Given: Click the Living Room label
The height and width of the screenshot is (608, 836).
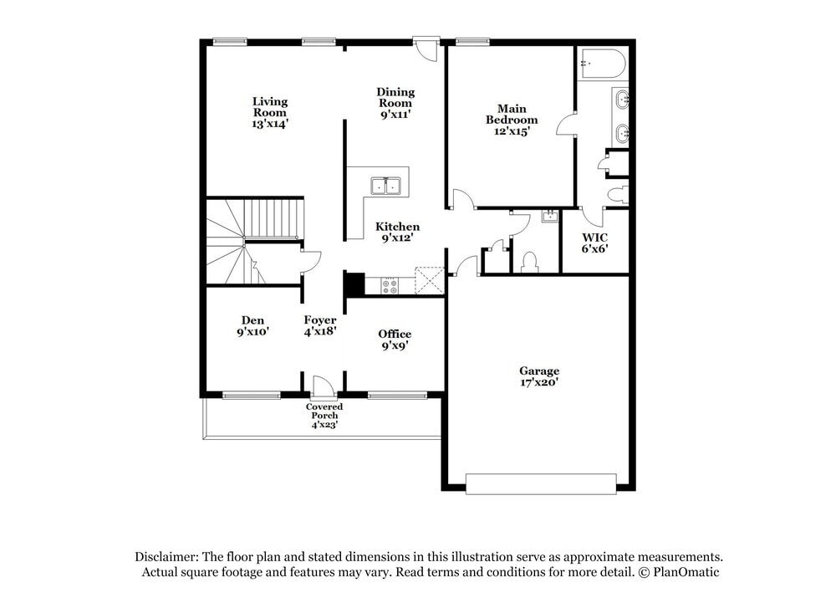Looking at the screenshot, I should click(x=270, y=112).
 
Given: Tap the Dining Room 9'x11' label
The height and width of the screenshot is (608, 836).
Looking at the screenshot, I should click(x=395, y=103).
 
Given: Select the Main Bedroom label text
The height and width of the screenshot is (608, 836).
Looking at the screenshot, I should click(x=512, y=120).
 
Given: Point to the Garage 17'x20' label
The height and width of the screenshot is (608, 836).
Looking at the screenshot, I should click(x=539, y=376).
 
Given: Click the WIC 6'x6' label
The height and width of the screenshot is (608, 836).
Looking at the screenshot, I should click(x=594, y=243).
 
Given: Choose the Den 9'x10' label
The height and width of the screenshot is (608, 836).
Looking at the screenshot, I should click(x=252, y=325).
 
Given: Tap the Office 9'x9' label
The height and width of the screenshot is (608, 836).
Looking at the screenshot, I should click(x=395, y=340).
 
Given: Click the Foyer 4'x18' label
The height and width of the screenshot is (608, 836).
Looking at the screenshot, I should click(x=320, y=325).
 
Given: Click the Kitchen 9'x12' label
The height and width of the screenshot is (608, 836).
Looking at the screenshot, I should click(x=397, y=232).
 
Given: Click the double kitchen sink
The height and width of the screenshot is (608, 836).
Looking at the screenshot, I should click(x=387, y=186).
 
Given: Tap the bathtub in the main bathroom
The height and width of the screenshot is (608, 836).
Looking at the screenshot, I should click(x=600, y=64).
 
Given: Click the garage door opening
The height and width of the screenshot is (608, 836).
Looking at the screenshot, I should click(x=541, y=483).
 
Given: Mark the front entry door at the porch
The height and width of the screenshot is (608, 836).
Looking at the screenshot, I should click(x=323, y=387).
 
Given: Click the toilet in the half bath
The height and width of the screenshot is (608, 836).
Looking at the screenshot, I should click(x=528, y=263).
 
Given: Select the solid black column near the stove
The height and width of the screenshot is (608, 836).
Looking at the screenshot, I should click(x=354, y=284).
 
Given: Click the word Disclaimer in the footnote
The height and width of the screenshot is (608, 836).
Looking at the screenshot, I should click(x=167, y=556).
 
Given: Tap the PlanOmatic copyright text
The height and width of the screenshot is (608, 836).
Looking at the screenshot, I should click(x=685, y=572).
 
